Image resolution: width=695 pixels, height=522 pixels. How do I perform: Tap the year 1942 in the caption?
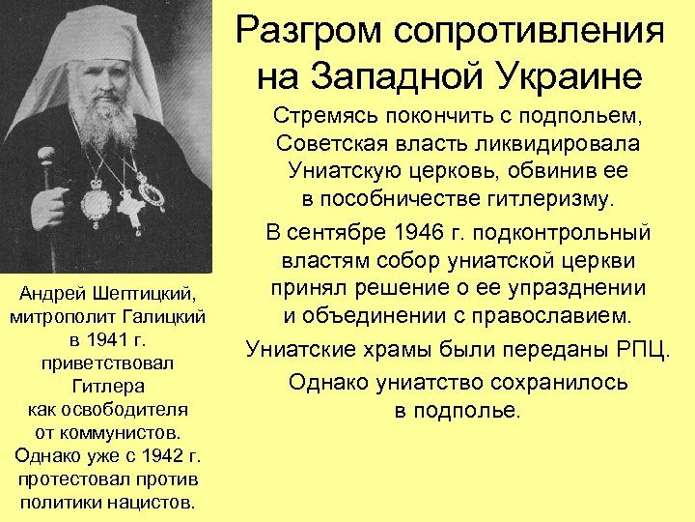point(153,455)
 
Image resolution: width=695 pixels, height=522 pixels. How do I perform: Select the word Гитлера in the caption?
point(108,386)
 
